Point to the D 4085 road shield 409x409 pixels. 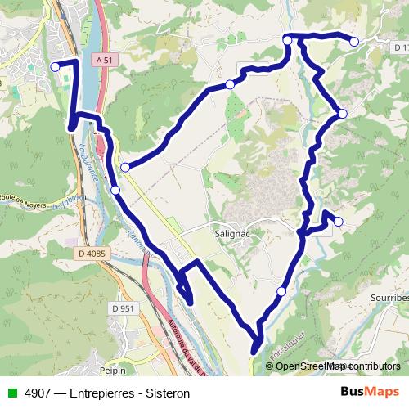[93, 254]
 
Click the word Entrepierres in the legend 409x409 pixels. [106, 393]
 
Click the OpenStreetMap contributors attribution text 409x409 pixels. [338, 366]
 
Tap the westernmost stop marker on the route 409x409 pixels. [55, 67]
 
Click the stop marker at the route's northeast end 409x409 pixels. [354, 41]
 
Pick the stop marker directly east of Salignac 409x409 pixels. [338, 221]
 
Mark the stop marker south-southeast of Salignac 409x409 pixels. [281, 291]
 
